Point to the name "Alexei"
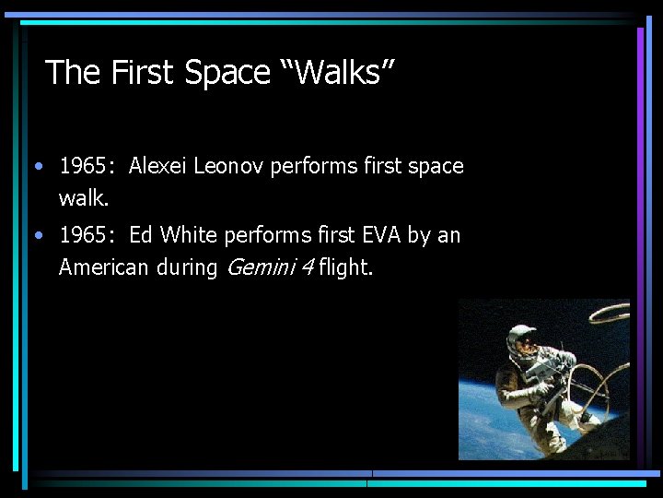pyautogui.click(x=158, y=166)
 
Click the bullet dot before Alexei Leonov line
pyautogui.click(x=36, y=167)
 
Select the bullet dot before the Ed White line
pyautogui.click(x=36, y=236)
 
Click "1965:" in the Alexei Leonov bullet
pyautogui.click(x=87, y=166)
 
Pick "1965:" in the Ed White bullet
pyautogui.click(x=87, y=235)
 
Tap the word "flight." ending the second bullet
pyautogui.click(x=346, y=267)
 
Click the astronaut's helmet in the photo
pyautogui.click(x=521, y=340)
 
